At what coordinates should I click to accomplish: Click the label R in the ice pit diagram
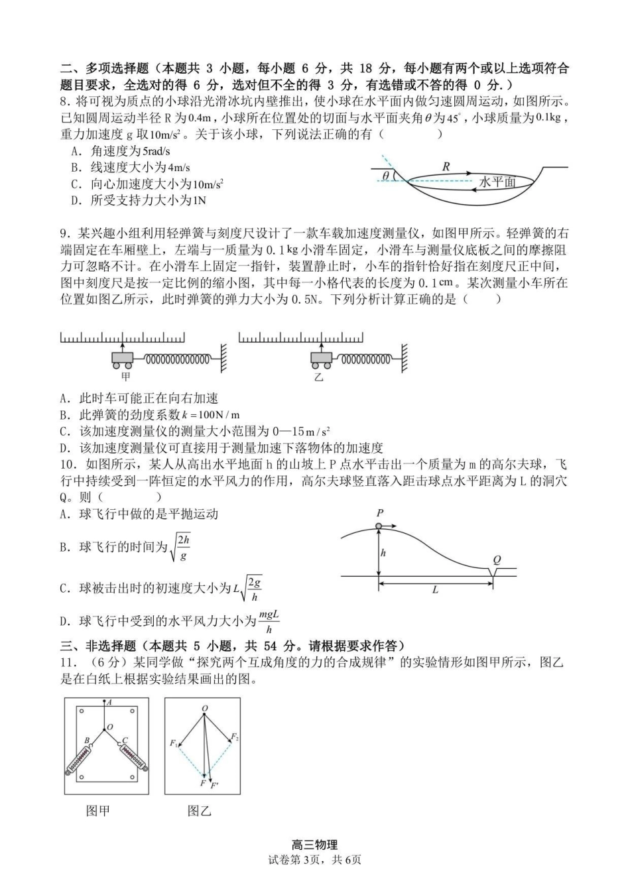click(446, 166)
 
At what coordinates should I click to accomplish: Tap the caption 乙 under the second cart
click(318, 377)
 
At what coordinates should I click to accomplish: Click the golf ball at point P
click(379, 526)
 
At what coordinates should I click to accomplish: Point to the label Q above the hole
click(497, 560)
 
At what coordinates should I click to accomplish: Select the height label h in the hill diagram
click(383, 553)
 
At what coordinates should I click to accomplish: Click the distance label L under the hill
click(435, 589)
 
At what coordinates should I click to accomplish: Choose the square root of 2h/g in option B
click(180, 548)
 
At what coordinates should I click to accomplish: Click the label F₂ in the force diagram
click(235, 737)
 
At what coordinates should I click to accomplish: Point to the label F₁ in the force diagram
click(174, 743)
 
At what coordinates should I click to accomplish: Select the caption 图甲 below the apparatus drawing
click(97, 810)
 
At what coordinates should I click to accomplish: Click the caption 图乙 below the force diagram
click(199, 810)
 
